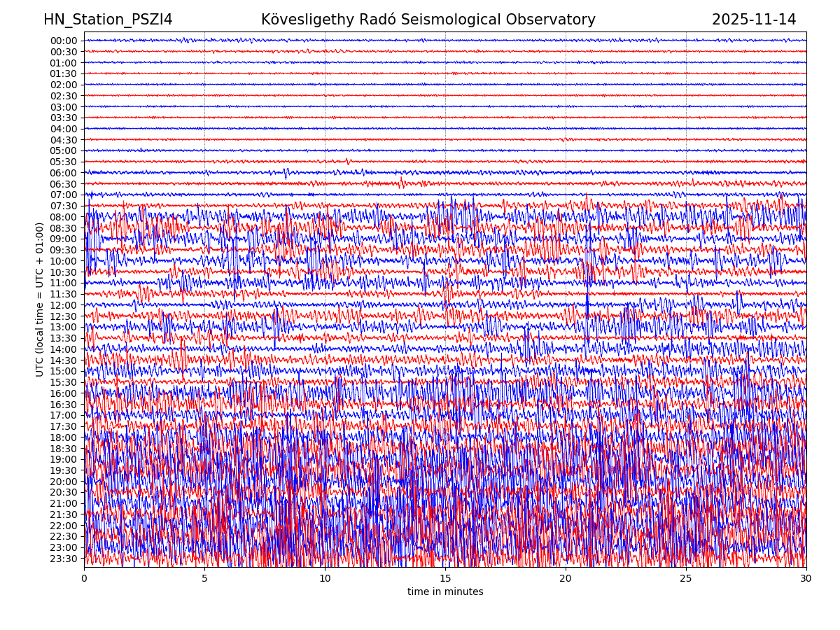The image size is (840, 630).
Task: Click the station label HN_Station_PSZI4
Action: tap(108, 20)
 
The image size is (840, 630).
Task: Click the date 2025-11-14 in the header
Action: tap(754, 20)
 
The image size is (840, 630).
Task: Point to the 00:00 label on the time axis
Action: tap(64, 41)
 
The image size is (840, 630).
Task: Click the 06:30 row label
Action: tap(64, 184)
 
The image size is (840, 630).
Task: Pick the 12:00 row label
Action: tap(64, 305)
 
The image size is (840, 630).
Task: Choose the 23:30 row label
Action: tap(64, 559)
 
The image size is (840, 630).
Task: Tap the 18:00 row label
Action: tap(64, 437)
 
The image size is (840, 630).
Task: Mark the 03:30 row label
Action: tap(64, 118)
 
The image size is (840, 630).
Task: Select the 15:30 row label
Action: tap(64, 382)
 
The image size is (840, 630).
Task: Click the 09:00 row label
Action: tap(64, 239)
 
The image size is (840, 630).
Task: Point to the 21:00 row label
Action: tap(64, 503)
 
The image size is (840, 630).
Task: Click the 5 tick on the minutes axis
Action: tap(204, 579)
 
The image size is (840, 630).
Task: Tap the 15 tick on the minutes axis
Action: tap(445, 579)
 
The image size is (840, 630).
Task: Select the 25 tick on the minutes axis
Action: tap(686, 579)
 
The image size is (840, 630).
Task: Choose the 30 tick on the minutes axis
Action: tap(806, 579)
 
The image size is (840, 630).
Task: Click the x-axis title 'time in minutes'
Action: tap(445, 592)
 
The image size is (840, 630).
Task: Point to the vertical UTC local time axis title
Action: tap(40, 300)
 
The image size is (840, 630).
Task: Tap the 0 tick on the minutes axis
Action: tap(84, 579)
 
